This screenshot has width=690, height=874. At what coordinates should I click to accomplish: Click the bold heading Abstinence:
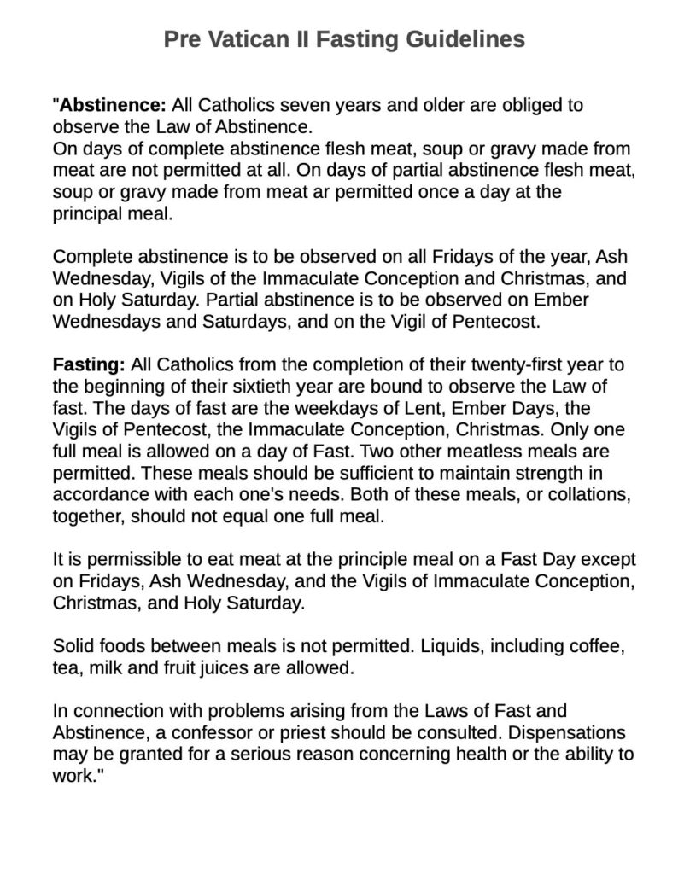(x=113, y=107)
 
